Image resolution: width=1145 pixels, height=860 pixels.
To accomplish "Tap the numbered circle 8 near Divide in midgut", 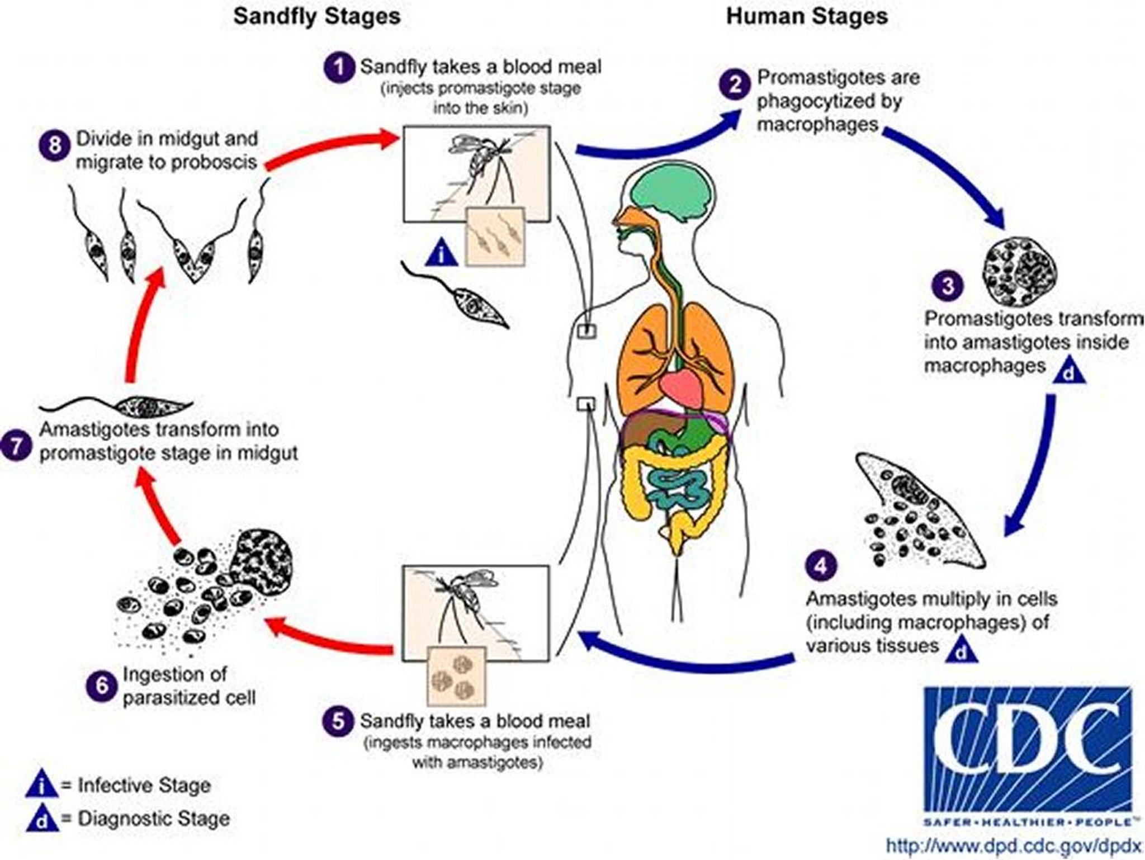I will coord(55,146).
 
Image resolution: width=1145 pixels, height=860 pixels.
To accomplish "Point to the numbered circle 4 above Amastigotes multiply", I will coord(821,566).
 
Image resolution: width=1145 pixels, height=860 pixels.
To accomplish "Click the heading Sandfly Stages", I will coord(316,16).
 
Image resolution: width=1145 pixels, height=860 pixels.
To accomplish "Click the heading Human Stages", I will coord(806,16).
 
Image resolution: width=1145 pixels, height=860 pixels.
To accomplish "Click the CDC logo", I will coord(1028,750).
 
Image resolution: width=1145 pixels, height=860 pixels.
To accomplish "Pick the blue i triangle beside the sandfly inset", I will coord(442,255).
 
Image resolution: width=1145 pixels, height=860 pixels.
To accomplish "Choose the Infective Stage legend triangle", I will coord(41,786).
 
